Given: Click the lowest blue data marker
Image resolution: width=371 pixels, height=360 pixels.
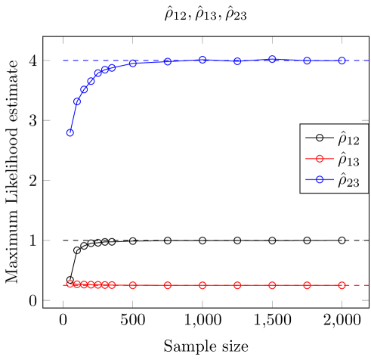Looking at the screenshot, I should tap(70, 132).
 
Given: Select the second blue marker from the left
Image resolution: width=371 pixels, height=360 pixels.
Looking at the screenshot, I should tap(77, 101).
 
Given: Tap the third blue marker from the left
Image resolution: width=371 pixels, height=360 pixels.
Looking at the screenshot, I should tap(84, 90).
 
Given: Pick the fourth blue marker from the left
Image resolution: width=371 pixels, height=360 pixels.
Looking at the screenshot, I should tap(91, 81).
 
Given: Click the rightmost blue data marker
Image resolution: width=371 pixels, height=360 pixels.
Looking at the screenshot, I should tap(342, 61).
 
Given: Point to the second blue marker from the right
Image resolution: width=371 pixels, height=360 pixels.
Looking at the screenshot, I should tap(307, 61).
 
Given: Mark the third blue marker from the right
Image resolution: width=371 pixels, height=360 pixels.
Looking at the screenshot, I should tap(272, 59).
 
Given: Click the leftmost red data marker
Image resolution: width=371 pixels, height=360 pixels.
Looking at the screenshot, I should tap(70, 284).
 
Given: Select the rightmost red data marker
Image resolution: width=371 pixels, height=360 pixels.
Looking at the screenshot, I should tap(342, 285).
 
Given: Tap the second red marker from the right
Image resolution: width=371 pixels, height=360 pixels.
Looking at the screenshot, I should tap(307, 285).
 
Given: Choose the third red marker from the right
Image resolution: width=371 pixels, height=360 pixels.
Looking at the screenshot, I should tap(272, 285).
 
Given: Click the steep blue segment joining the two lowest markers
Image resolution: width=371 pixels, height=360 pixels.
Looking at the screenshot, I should tap(73, 117).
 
